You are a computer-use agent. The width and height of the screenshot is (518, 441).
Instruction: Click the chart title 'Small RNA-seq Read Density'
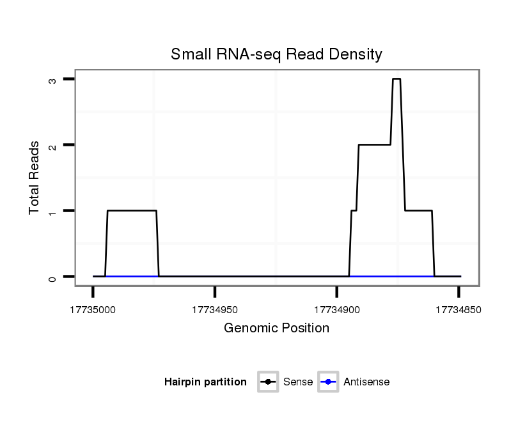(x=276, y=54)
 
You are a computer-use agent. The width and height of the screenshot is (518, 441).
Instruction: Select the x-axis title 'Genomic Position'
(x=276, y=329)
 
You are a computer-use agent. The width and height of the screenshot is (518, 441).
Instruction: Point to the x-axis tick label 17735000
(x=93, y=310)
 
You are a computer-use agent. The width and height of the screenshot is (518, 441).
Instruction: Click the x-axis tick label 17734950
(x=215, y=310)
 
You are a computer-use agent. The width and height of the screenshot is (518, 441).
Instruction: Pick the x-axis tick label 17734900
(x=336, y=310)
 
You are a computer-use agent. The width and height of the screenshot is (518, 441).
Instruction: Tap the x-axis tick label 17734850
(x=458, y=310)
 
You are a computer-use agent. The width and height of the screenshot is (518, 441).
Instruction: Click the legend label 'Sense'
(x=298, y=382)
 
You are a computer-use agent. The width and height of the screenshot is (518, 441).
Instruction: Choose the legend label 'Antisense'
(x=366, y=382)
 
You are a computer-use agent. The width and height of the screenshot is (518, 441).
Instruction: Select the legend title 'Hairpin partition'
(x=205, y=382)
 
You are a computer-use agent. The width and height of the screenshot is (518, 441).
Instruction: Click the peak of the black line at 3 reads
(x=396, y=79)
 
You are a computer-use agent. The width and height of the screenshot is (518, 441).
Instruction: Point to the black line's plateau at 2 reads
(x=374, y=145)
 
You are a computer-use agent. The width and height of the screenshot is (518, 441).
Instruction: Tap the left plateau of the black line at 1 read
(x=131, y=211)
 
